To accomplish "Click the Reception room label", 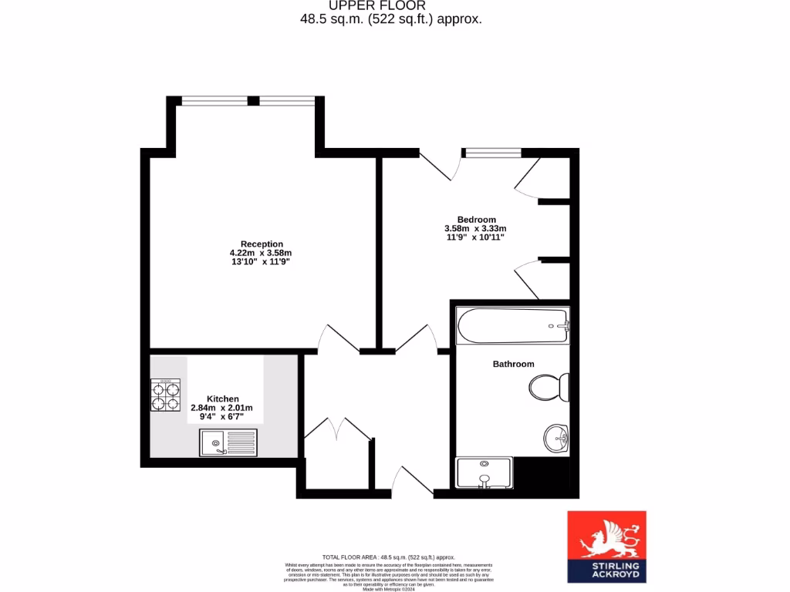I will pyautogui.click(x=262, y=244).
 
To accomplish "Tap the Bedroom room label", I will pyautogui.click(x=476, y=219).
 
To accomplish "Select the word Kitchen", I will pyautogui.click(x=222, y=399).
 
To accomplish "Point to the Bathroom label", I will pyautogui.click(x=513, y=364).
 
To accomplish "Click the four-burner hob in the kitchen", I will pyautogui.click(x=165, y=394).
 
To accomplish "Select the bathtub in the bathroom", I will pyautogui.click(x=513, y=326).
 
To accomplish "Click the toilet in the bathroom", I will pyautogui.click(x=549, y=387).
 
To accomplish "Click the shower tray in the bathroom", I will pyautogui.click(x=484, y=473).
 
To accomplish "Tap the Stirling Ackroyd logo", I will pyautogui.click(x=606, y=547).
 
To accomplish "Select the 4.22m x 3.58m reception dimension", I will pyautogui.click(x=261, y=253).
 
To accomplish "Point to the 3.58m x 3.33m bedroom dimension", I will pyautogui.click(x=475, y=228).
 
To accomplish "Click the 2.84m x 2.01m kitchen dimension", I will pyautogui.click(x=222, y=408).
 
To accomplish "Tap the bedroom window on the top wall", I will pyautogui.click(x=491, y=152).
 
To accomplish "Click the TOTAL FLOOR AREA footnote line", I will pyautogui.click(x=388, y=557).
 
